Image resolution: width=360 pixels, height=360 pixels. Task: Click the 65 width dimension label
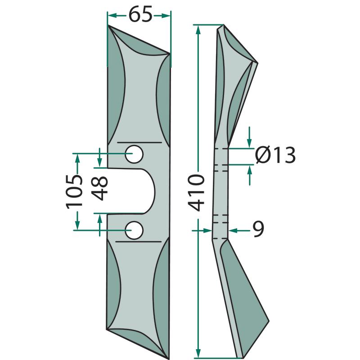coord(140,14)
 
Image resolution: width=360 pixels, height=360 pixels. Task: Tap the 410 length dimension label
coord(196,193)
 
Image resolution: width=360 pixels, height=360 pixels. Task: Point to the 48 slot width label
coord(99,188)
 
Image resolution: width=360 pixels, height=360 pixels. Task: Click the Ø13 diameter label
coord(275,155)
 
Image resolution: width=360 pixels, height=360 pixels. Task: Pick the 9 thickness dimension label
coord(258,229)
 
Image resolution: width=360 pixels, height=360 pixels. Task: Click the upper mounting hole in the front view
coord(134,154)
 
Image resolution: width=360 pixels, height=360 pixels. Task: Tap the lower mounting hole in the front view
coord(134,230)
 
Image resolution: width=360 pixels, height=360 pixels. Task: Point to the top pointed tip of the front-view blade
coord(108,26)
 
